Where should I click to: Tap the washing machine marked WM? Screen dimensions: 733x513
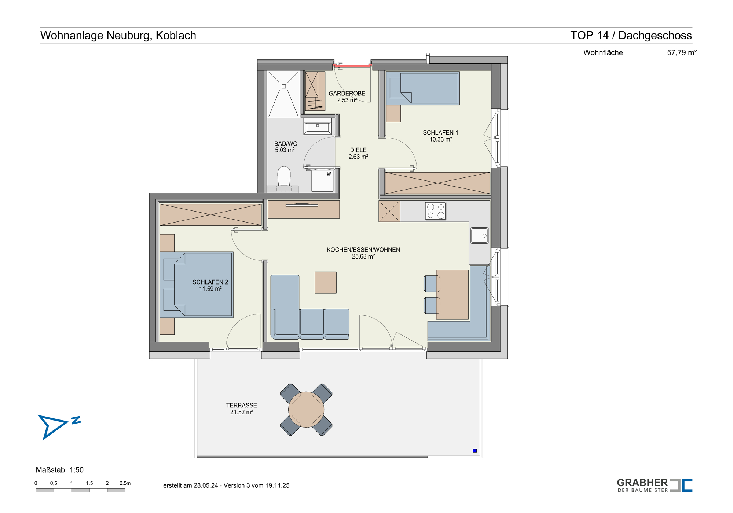[x=323, y=180]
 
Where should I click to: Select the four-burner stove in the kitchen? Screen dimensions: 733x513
[x=436, y=211]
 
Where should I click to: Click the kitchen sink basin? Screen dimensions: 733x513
[x=480, y=236]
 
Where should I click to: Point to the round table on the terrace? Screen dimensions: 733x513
[x=306, y=410]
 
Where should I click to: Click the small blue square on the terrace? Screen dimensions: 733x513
[x=475, y=451]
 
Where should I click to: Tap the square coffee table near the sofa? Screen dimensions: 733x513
[x=326, y=282]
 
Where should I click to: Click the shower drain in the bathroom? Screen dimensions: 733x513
[x=284, y=87]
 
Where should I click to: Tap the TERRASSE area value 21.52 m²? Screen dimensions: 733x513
[x=242, y=412]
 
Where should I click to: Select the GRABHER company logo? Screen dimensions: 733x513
[x=655, y=485]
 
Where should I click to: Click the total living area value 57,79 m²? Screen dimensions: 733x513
[x=682, y=52]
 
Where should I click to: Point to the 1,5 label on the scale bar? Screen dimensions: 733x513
[x=89, y=483]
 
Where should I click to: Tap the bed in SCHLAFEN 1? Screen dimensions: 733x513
[x=423, y=88]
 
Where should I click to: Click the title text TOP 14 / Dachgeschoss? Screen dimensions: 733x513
[x=631, y=35]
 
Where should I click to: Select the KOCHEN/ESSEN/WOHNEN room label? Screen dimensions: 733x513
[x=363, y=250]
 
